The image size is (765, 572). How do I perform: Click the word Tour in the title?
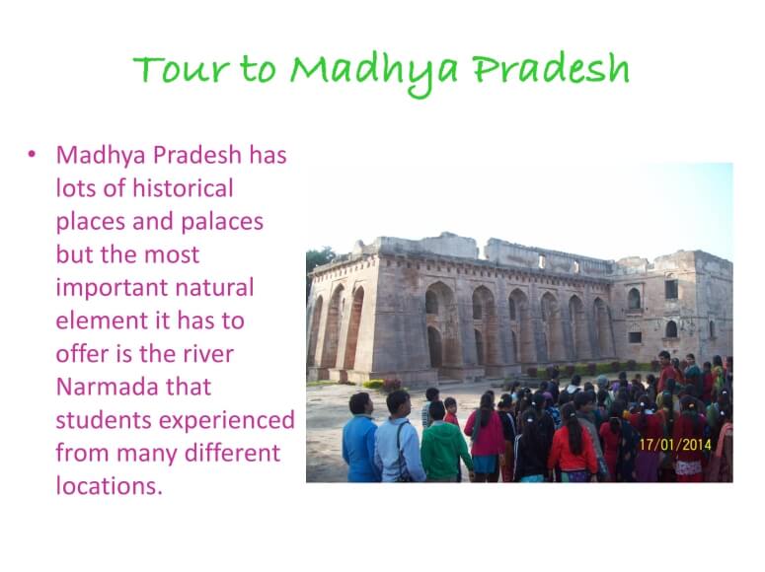click(181, 69)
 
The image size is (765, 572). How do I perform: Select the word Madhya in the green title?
click(374, 73)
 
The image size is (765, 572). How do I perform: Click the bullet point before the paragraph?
click(32, 155)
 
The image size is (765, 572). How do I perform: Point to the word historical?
click(183, 187)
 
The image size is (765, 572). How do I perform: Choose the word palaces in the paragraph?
click(222, 222)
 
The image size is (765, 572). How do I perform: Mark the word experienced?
click(227, 421)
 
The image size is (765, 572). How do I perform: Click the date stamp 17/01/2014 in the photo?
click(675, 445)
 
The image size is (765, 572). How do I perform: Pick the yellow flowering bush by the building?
click(373, 384)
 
